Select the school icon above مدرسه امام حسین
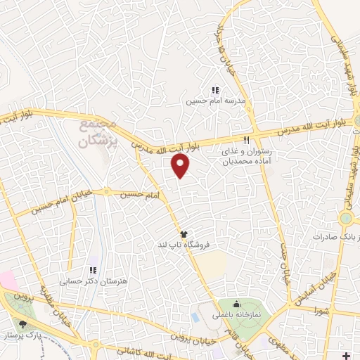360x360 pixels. tap(216, 90)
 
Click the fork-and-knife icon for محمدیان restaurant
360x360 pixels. tap(246, 139)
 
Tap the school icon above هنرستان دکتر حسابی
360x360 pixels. tap(92, 270)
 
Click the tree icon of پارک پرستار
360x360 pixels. tap(24, 324)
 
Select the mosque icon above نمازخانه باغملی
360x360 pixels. tap(236, 304)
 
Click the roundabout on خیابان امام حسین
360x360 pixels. tap(107, 191)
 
